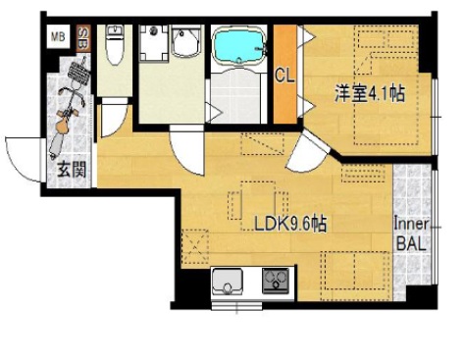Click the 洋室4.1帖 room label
(x=370, y=94)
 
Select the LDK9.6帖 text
(x=289, y=225)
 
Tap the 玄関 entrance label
(x=71, y=169)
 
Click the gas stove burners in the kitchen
(x=277, y=282)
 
